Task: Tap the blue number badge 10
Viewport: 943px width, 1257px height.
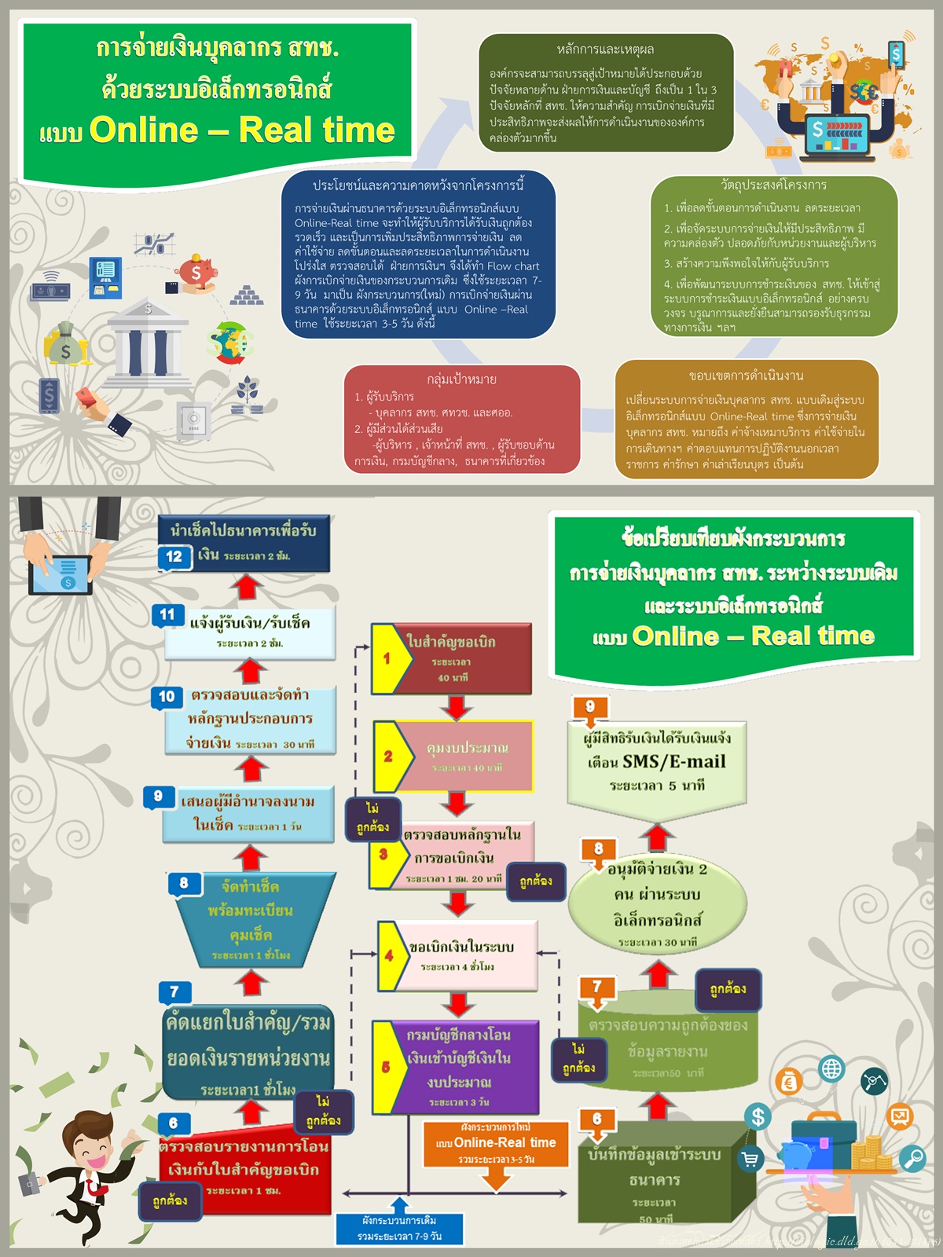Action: coord(167,696)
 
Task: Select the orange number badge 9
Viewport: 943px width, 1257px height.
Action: coord(590,706)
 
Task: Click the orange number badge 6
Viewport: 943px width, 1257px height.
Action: coord(597,1119)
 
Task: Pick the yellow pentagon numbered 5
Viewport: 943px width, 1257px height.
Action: coord(387,1066)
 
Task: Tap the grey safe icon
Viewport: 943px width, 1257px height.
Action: coord(193,420)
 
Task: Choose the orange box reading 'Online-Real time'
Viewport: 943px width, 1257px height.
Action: coord(496,1143)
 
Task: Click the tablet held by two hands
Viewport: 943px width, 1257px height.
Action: coord(61,575)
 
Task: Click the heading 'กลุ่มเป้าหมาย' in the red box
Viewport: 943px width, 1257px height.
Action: coord(461,379)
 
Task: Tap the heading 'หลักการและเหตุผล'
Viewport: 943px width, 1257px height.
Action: coord(605,49)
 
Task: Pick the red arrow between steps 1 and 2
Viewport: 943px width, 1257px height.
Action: coord(456,707)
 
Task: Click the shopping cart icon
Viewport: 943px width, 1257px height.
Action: coord(750,1160)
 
